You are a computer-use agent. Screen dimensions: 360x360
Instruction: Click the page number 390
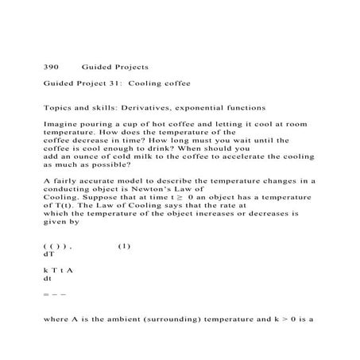(x=50, y=68)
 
